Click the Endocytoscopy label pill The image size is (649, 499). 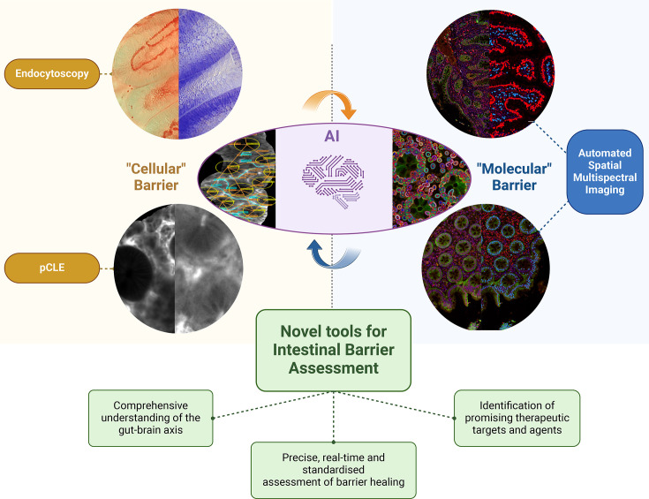click(x=51, y=74)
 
